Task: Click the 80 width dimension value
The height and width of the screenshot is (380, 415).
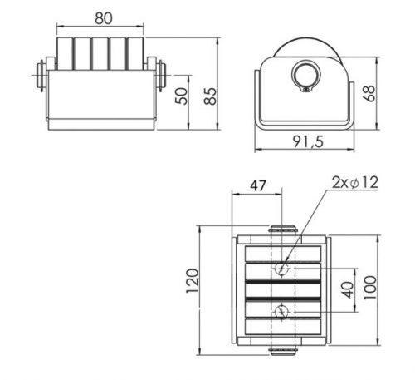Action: (x=104, y=18)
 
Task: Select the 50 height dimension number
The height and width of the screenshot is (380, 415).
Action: (x=182, y=96)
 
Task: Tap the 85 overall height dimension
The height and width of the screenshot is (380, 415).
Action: (x=210, y=96)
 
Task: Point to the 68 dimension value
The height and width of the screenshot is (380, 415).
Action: (x=369, y=93)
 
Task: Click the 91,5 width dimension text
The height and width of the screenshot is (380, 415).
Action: (x=308, y=141)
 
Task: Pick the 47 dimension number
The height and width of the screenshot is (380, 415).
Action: (x=258, y=185)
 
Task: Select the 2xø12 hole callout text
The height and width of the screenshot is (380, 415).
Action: (x=355, y=183)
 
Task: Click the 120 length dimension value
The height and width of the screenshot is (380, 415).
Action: (x=192, y=281)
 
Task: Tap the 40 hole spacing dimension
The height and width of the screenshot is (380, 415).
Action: (x=348, y=289)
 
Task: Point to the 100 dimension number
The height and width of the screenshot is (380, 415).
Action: (x=370, y=288)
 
